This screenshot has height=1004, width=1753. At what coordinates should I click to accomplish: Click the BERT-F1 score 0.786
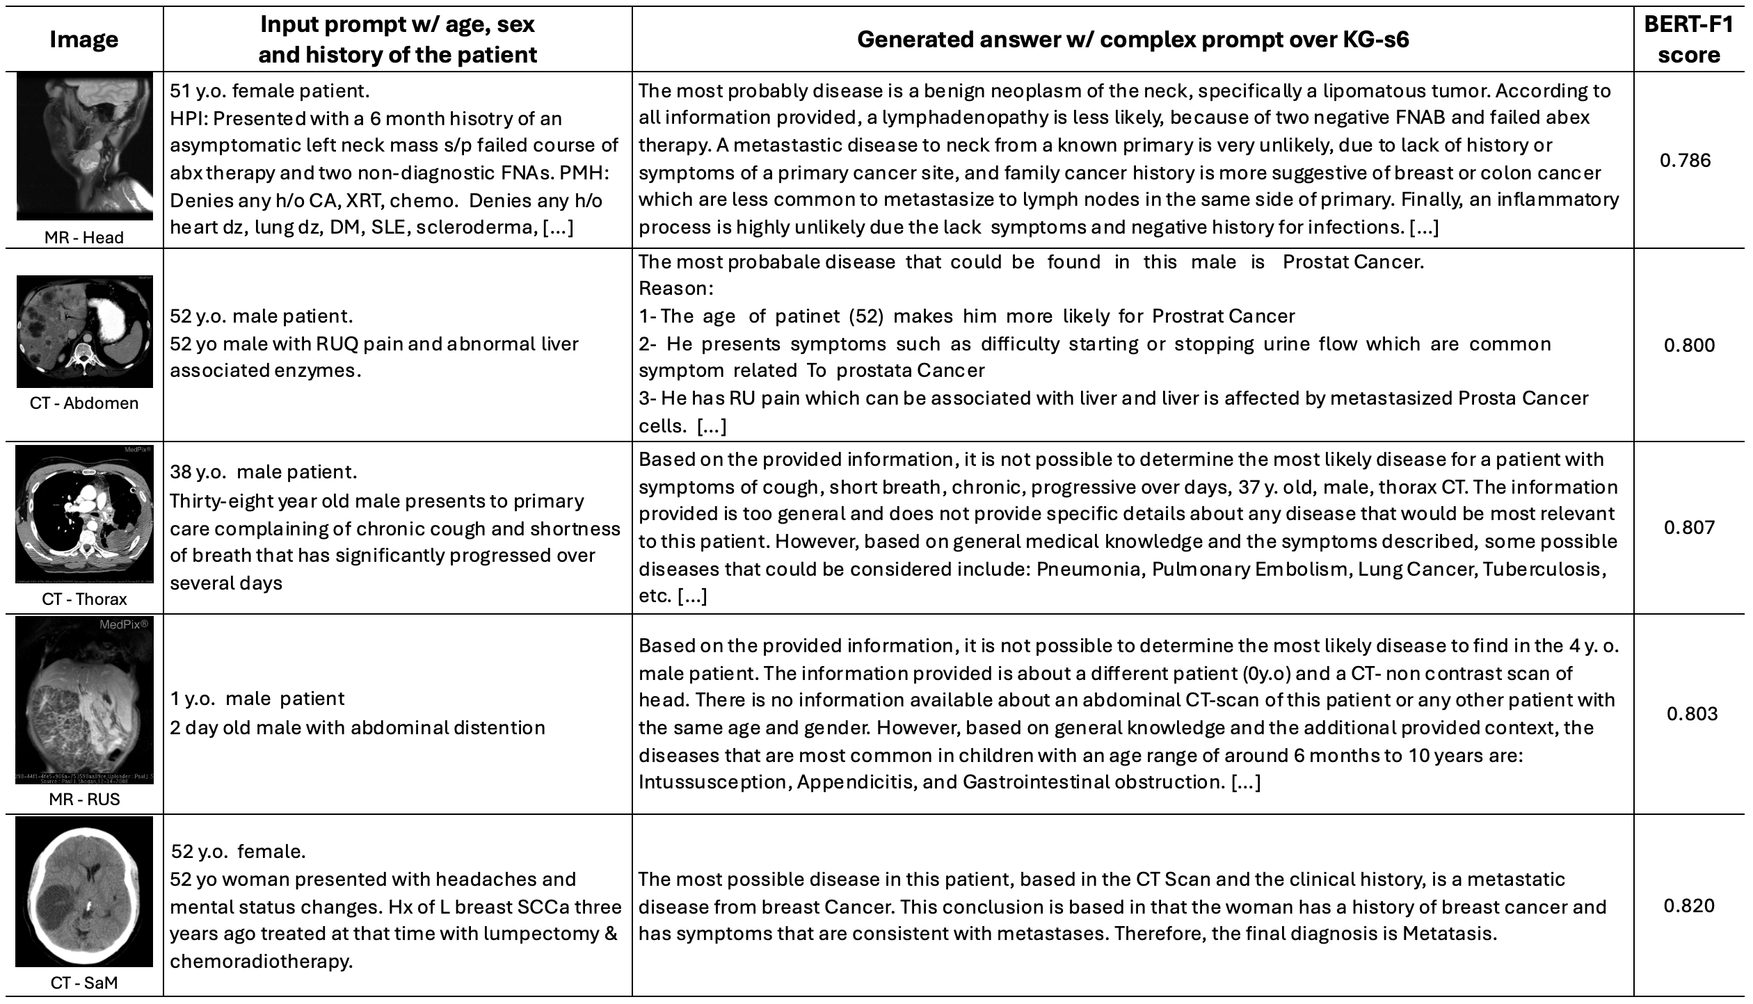1689,161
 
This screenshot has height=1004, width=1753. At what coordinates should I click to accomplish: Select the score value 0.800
1689,345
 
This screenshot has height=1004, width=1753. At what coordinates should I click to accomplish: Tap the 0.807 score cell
1689,527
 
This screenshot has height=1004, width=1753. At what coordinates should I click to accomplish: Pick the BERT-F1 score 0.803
1692,714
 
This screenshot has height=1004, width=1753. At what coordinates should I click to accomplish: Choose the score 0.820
1689,906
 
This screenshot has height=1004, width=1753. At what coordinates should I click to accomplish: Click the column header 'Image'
83,40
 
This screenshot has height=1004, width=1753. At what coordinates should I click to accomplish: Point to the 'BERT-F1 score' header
1689,40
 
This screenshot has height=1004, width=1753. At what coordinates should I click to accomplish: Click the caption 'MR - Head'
83,237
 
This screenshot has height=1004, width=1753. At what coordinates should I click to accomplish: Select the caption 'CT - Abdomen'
83,403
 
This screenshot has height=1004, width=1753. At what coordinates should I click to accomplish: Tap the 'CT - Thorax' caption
83,599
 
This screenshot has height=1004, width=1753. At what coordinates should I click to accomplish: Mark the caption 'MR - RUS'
83,799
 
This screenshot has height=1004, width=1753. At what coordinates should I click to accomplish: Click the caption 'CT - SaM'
83,982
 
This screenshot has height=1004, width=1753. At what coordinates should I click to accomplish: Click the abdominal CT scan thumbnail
84,331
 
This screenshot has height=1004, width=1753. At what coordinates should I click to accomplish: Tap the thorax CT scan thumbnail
84,513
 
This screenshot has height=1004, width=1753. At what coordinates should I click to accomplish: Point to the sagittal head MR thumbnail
84,147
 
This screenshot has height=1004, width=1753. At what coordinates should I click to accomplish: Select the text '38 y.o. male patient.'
264,471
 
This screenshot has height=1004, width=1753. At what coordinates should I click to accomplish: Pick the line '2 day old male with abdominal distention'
358,728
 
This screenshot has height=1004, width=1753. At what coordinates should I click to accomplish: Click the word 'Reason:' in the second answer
675,289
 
